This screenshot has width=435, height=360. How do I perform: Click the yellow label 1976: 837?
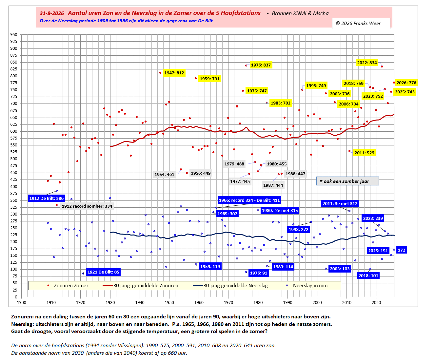[x=261, y=65]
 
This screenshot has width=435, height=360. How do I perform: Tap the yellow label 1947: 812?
[x=174, y=73]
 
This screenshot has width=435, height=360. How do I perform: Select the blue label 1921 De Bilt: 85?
[x=103, y=272]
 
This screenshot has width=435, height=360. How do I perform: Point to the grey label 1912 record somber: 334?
[x=87, y=206]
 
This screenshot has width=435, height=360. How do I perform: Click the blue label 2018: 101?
[x=368, y=276]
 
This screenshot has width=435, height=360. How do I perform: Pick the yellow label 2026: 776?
[x=406, y=83]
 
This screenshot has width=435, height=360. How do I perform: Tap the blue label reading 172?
[x=402, y=250]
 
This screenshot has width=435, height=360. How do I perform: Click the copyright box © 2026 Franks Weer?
[x=361, y=23]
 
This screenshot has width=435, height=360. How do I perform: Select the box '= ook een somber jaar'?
[x=347, y=181]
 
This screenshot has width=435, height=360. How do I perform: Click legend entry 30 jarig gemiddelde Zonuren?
[x=140, y=285]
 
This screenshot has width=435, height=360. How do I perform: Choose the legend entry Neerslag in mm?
[x=307, y=285]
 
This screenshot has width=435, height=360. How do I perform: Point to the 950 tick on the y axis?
[x=14, y=35]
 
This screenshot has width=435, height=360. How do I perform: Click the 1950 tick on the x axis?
[x=169, y=303]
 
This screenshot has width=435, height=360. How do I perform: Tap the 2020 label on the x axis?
[x=376, y=303]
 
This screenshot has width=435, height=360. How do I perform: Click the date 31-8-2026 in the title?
[x=52, y=13]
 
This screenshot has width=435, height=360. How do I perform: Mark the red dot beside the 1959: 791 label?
[x=196, y=78]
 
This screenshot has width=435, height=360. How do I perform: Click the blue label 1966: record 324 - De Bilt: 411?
[x=249, y=200]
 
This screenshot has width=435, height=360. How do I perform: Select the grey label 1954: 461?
[x=164, y=175]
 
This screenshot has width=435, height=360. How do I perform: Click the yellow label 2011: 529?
[x=365, y=153]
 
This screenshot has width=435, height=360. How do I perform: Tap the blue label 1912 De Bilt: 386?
[x=46, y=198]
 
